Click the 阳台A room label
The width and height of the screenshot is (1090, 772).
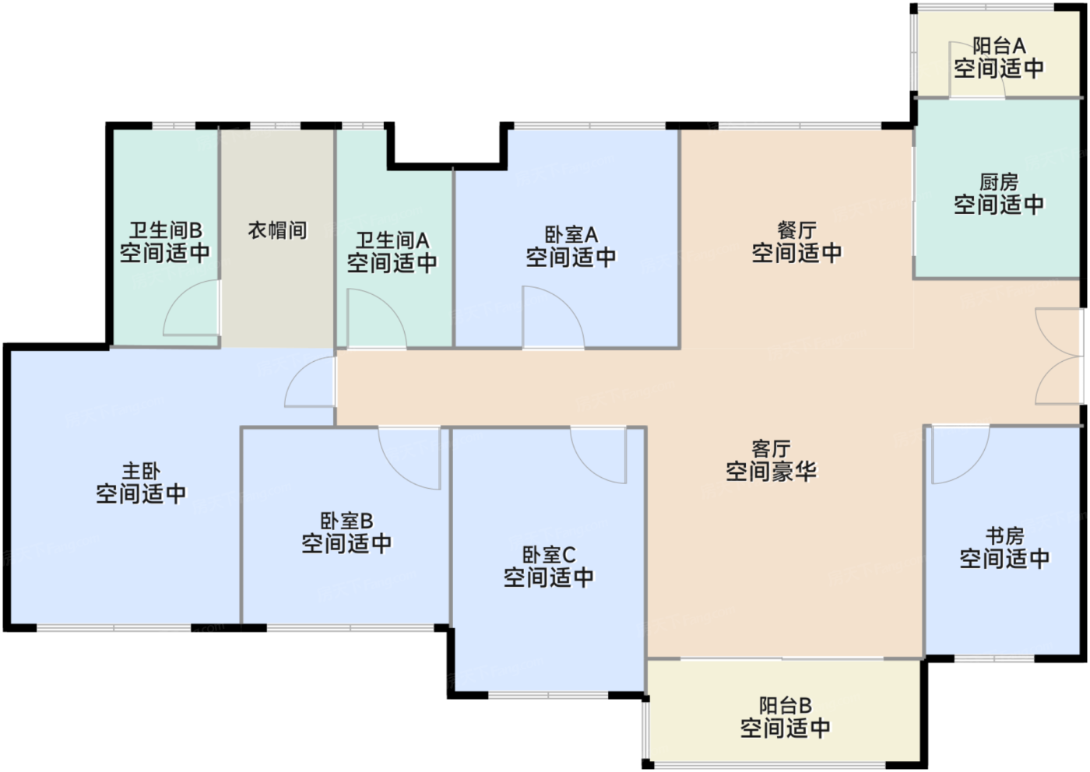tap(999, 47)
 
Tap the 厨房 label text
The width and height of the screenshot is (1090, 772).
tap(999, 183)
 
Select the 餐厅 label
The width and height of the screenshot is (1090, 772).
tap(796, 230)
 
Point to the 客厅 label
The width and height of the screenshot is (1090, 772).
tap(771, 449)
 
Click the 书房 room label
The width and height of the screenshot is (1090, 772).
tap(1004, 536)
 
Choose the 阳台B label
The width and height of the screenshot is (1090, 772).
tap(785, 706)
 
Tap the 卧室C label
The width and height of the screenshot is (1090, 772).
tap(548, 555)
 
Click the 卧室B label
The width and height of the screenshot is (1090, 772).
tap(346, 521)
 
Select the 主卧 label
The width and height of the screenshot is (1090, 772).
tap(141, 472)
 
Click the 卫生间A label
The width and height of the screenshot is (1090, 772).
tap(392, 240)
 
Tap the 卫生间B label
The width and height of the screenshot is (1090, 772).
tap(165, 230)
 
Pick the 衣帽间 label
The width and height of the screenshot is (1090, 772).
tap(277, 230)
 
